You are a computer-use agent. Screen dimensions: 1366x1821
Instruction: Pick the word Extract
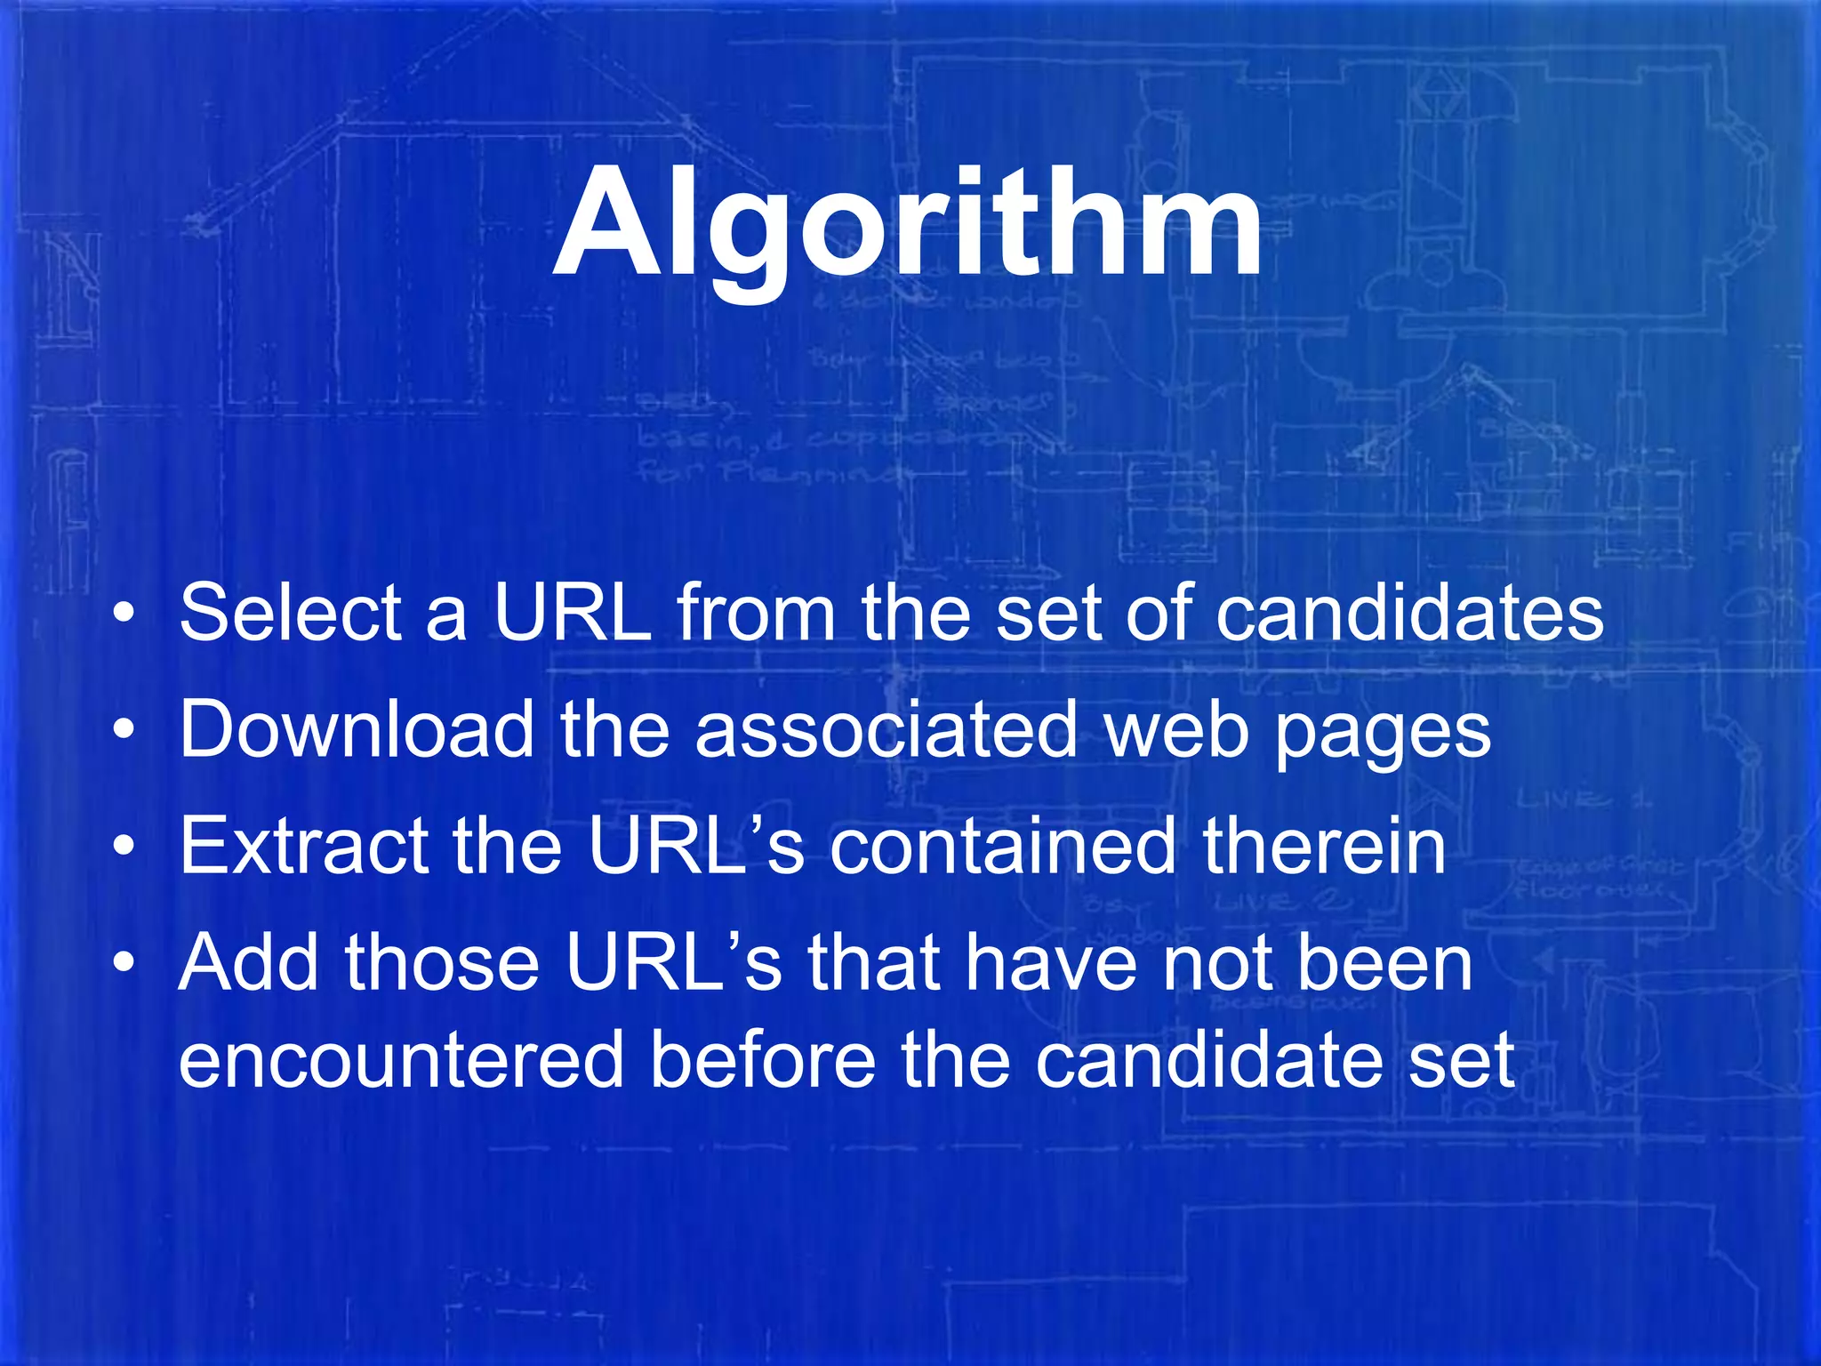303,846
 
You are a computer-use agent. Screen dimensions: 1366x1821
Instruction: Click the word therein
1324,846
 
